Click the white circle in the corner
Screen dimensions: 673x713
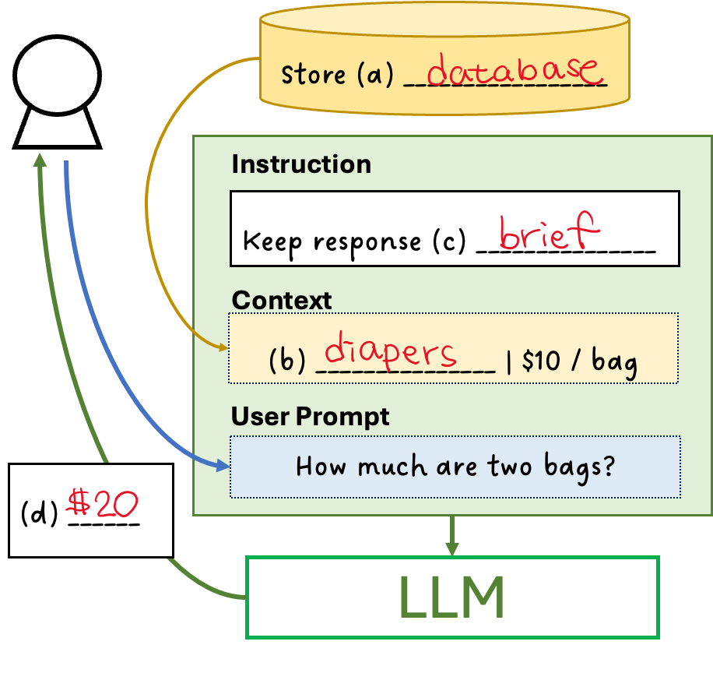57,76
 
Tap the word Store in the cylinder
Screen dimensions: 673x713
313,76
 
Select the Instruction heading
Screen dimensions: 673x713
301,164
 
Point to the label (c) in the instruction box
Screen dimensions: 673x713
448,241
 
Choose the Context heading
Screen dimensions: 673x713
282,301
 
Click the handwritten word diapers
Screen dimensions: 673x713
390,352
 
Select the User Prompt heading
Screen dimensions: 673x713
310,417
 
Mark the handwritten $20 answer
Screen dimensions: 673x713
103,505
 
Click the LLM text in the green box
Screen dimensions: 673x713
451,597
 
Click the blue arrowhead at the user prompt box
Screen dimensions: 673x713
224,466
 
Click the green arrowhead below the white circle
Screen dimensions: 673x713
40,160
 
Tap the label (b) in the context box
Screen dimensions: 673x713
286,363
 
